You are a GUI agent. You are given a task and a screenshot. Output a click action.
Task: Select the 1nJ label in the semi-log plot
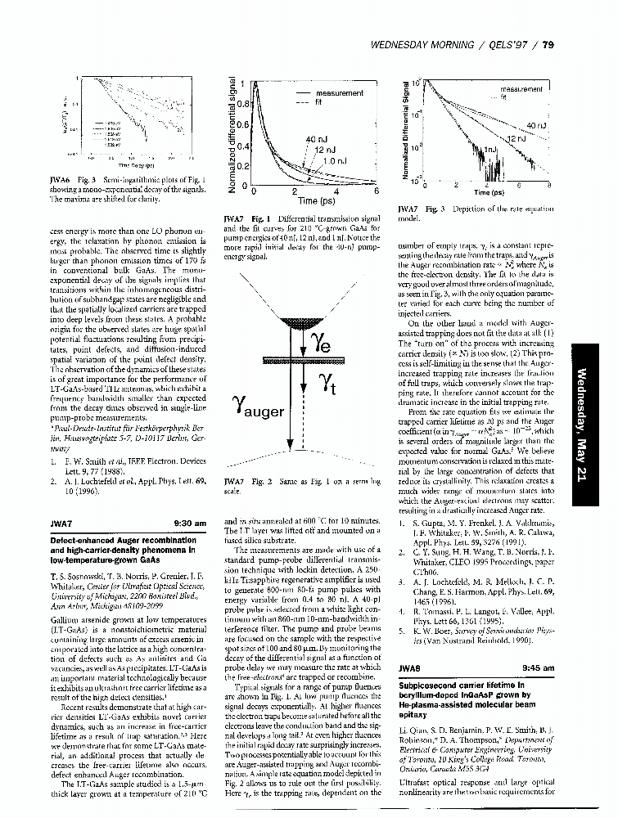491,151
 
